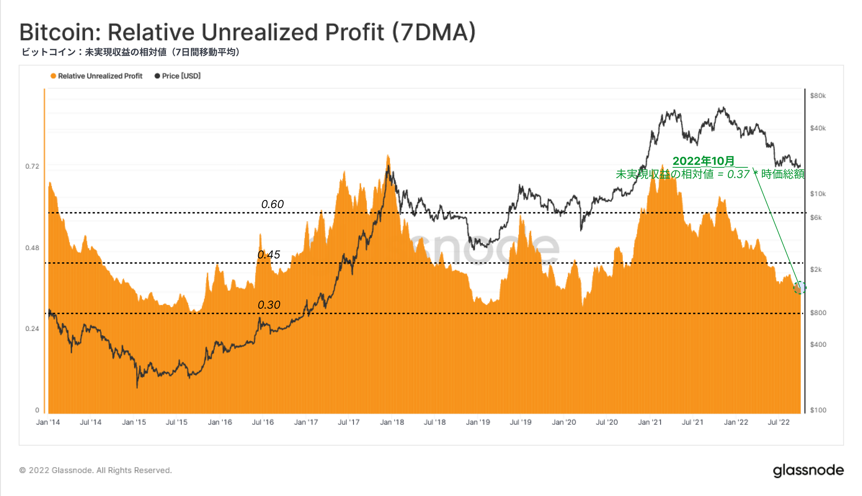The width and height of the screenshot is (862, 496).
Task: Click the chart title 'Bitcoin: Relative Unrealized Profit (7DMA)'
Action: pyautogui.click(x=247, y=32)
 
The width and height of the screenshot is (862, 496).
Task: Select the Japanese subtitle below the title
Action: pyautogui.click(x=131, y=52)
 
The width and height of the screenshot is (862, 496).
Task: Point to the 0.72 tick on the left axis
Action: pyautogui.click(x=32, y=166)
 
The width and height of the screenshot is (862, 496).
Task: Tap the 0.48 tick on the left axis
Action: pyautogui.click(x=32, y=248)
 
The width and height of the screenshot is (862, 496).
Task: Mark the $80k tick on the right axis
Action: pyautogui.click(x=818, y=96)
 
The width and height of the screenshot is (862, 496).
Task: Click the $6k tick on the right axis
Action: pyautogui.click(x=816, y=218)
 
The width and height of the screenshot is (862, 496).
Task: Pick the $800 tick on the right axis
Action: pyautogui.click(x=818, y=313)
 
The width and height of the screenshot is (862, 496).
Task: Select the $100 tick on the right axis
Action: pyautogui.click(x=818, y=410)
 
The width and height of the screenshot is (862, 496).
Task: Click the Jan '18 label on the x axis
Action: pyautogui.click(x=392, y=422)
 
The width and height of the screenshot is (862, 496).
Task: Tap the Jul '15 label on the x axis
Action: pyautogui.click(x=177, y=422)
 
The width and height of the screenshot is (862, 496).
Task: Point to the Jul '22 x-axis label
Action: pyautogui.click(x=778, y=422)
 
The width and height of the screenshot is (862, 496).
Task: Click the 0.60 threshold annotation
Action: pyautogui.click(x=272, y=204)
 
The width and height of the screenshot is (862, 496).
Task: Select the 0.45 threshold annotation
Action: pyautogui.click(x=269, y=254)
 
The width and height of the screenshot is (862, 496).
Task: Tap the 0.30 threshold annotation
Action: pyautogui.click(x=269, y=305)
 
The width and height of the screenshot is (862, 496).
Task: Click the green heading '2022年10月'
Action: pyautogui.click(x=703, y=161)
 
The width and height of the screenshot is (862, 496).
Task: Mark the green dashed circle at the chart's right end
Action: pyautogui.click(x=800, y=288)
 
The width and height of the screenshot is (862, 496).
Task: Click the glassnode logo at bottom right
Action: pyautogui.click(x=808, y=471)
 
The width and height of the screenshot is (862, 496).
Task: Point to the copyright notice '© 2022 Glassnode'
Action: pyautogui.click(x=95, y=470)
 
